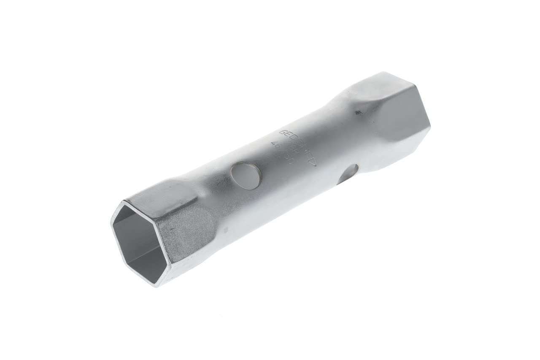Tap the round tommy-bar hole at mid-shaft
click(x=246, y=175)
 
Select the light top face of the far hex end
click(x=371, y=87)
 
